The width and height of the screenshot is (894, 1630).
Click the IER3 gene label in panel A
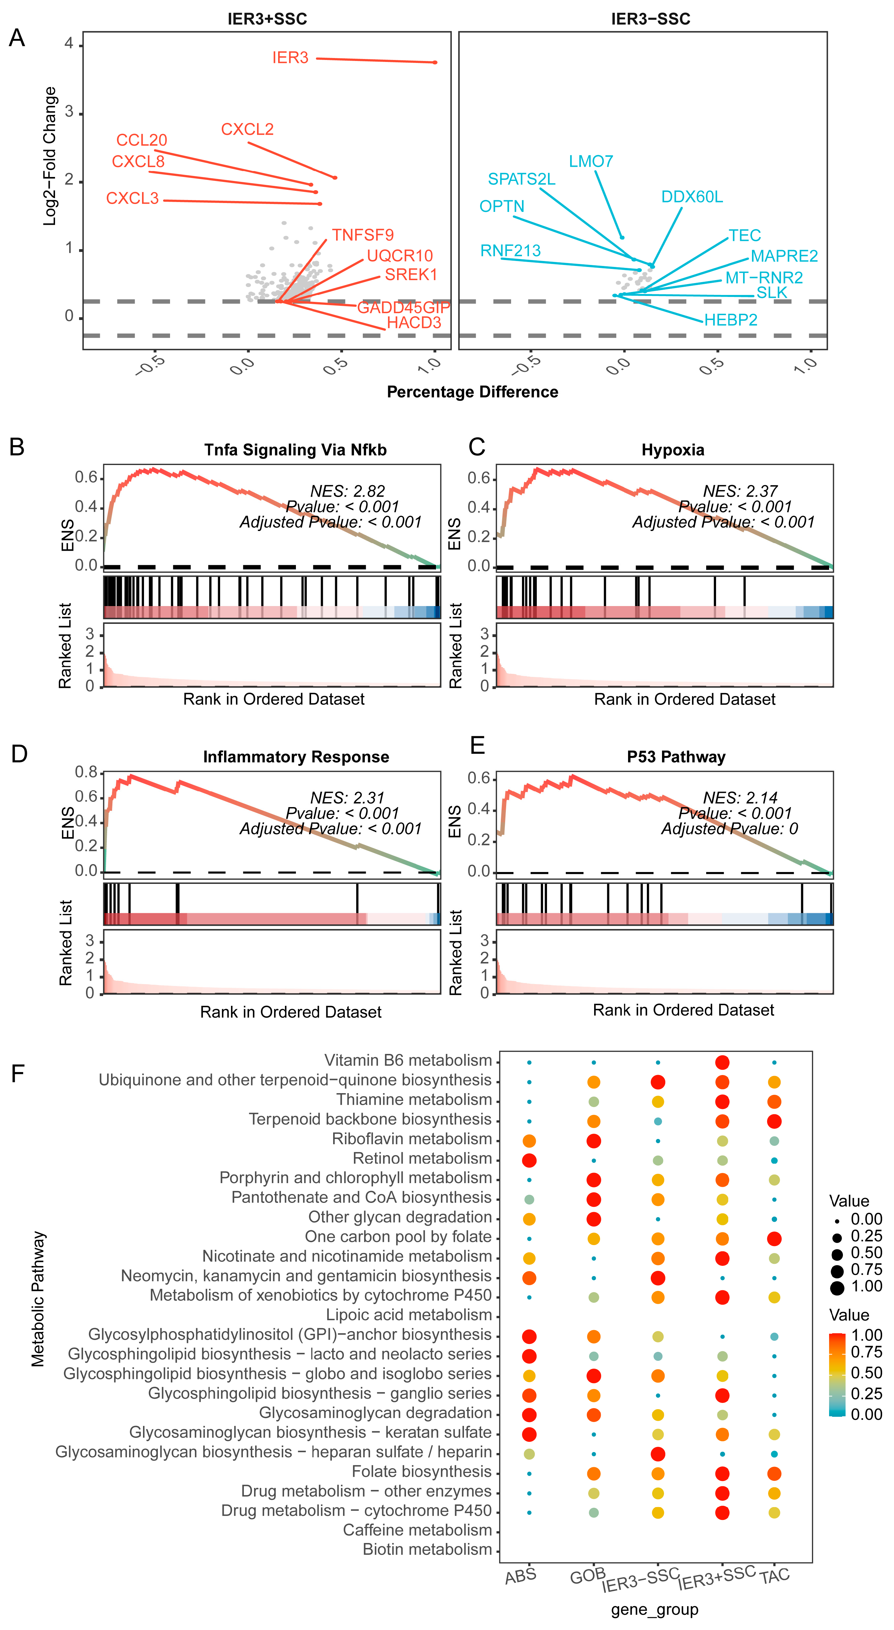pos(290,58)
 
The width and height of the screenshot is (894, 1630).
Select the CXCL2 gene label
pos(247,129)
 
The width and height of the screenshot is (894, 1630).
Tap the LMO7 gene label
pos(591,161)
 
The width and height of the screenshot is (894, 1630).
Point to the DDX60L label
pos(692,197)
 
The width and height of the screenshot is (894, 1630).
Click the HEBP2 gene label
pos(731,320)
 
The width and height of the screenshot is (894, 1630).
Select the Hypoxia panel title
pos(673,450)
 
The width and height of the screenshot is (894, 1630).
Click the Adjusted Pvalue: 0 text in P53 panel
pos(730,828)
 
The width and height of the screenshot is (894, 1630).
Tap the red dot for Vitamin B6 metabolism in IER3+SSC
pos(722,1062)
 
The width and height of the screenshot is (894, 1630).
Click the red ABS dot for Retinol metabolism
pos(529,1160)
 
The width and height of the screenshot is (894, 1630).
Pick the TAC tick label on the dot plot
pos(774,1576)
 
